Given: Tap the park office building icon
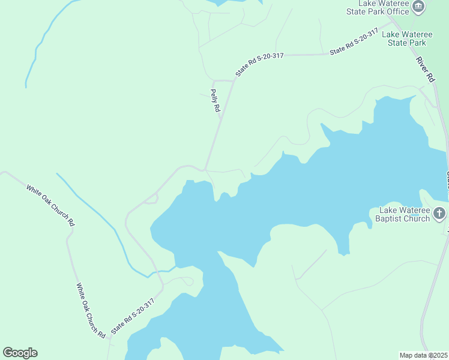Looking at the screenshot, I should (x=419, y=8).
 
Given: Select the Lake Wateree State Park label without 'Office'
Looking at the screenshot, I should (x=407, y=38).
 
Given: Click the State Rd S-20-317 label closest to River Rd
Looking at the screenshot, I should (x=354, y=42).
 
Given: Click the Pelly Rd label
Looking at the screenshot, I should (x=215, y=101).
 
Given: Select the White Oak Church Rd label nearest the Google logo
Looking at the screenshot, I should (x=90, y=310).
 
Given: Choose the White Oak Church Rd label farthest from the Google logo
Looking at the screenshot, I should (x=50, y=205).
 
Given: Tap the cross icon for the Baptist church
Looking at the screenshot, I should (x=439, y=213).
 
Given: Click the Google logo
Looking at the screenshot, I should (x=20, y=353).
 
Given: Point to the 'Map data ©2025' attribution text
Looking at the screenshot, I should (x=423, y=355).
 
